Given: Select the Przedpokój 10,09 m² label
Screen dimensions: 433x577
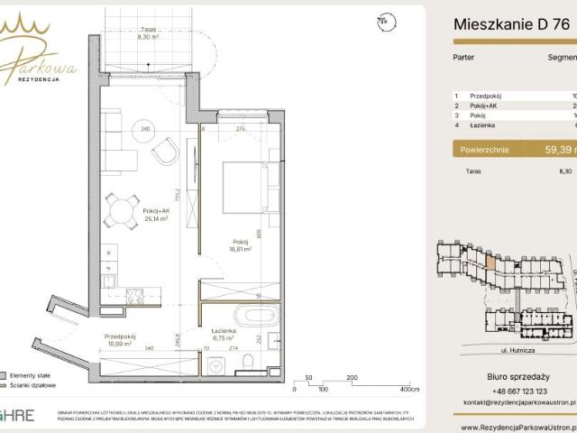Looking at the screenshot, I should pos(120,339).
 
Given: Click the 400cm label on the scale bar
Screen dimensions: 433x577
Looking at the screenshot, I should pos(410,390).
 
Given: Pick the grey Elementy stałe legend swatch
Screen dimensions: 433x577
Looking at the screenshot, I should pos(5,373).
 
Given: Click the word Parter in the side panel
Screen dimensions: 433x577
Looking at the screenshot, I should pos(464,56).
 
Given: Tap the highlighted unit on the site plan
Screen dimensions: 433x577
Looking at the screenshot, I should pos(490,265).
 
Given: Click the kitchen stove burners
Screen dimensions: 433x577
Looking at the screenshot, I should pos(133,296).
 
